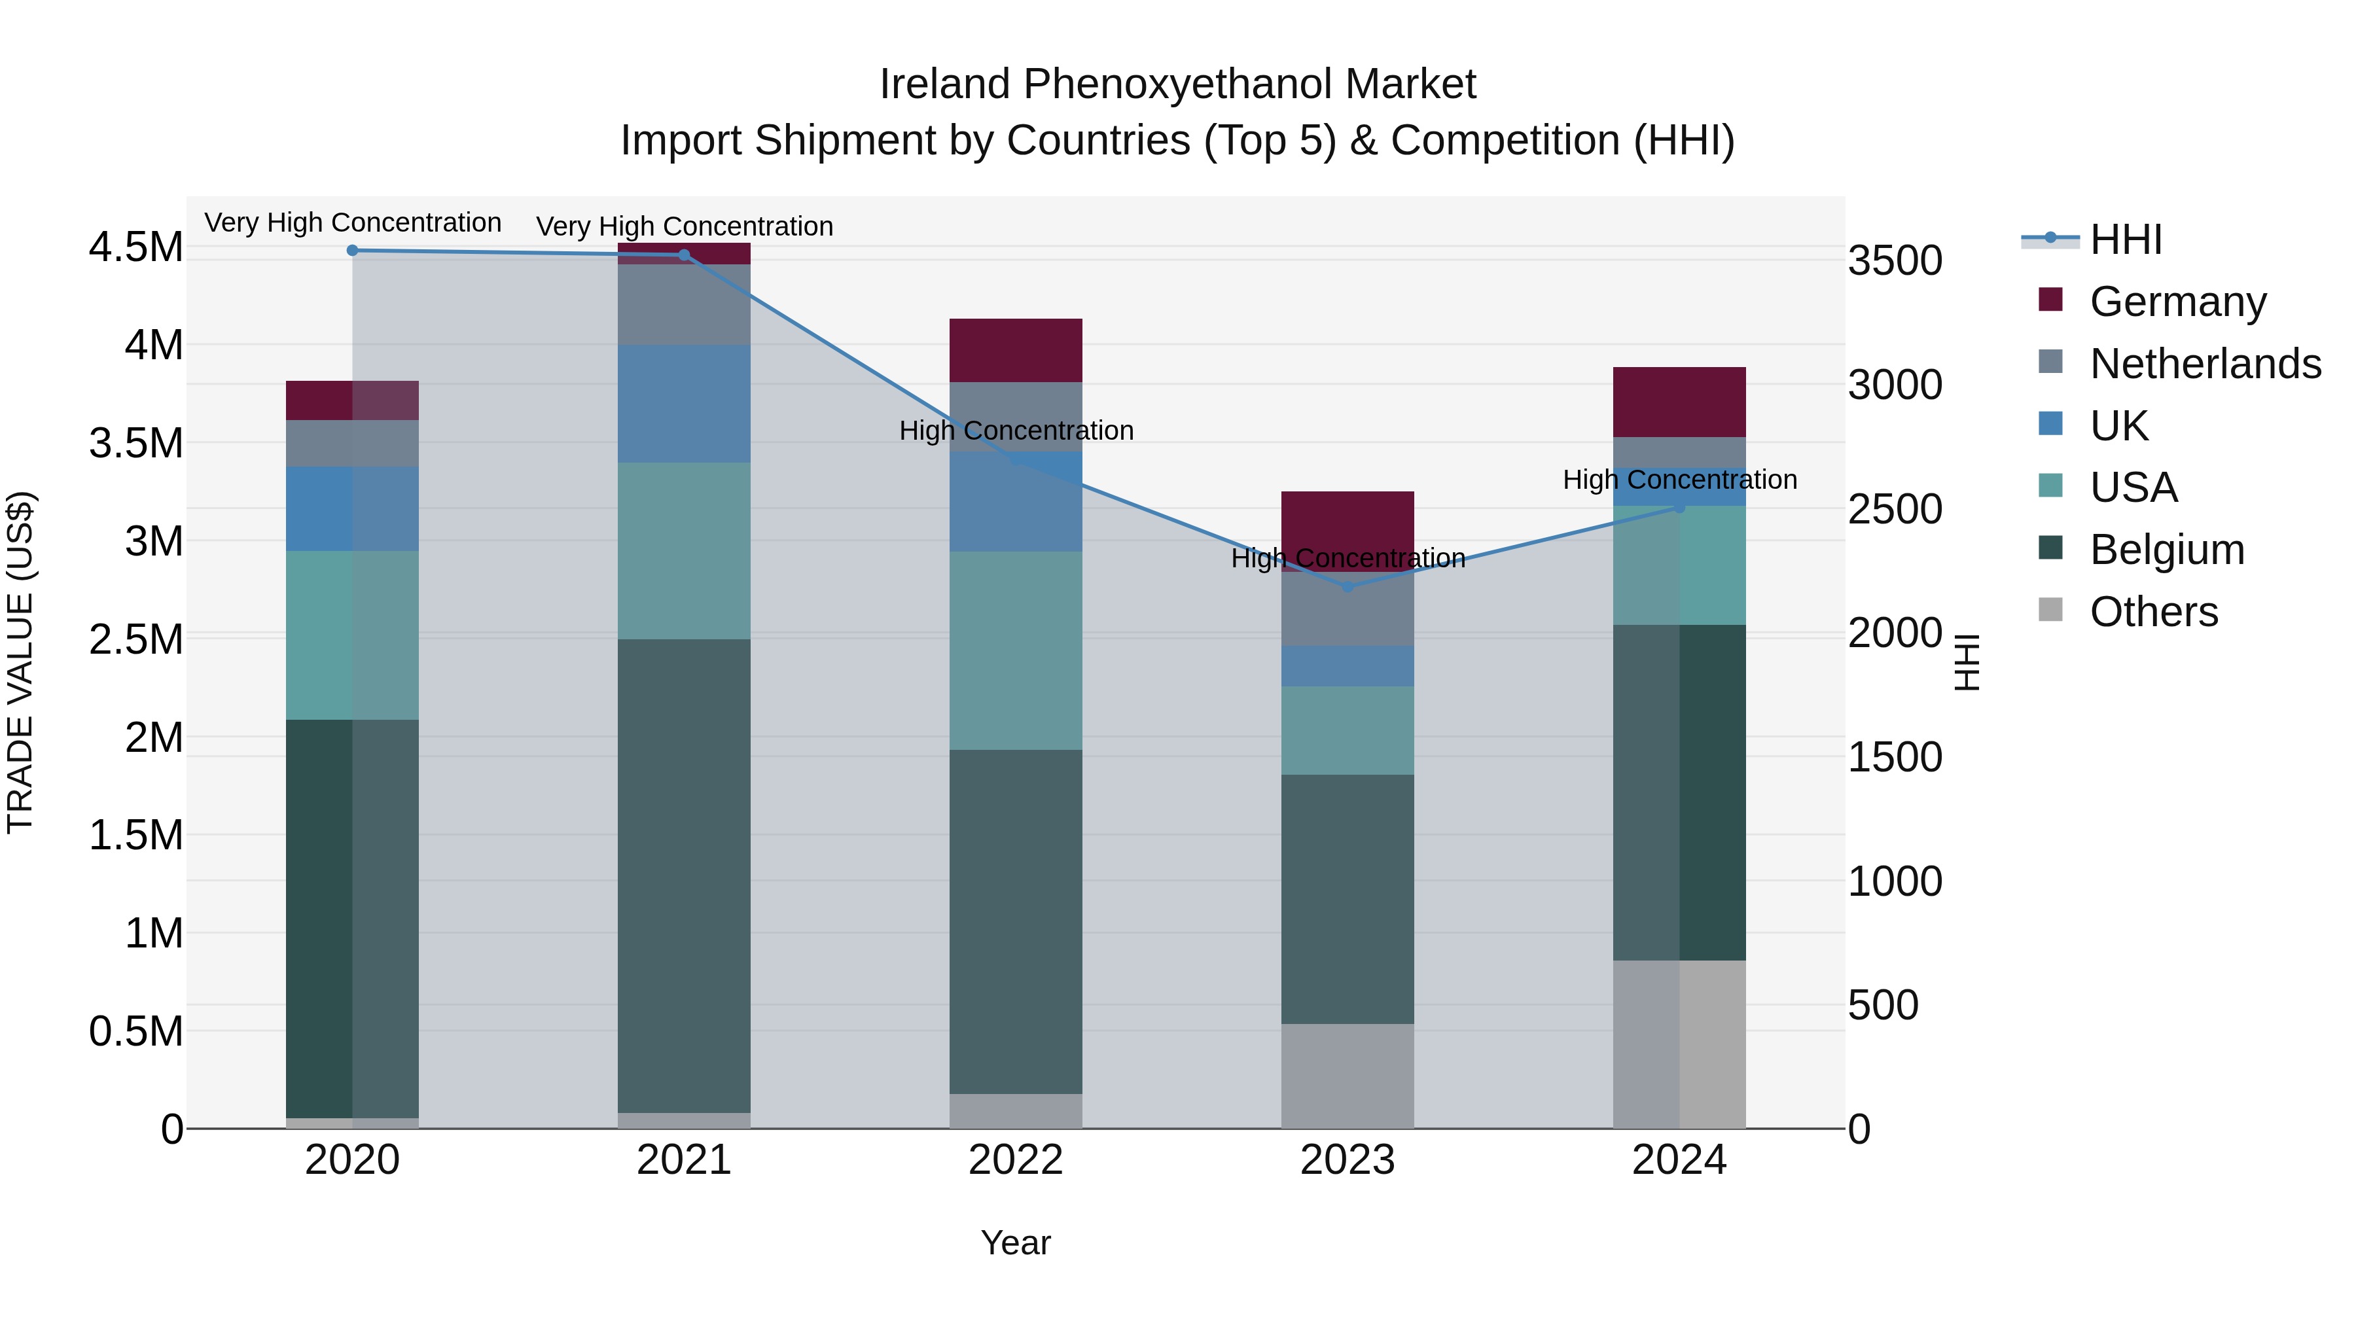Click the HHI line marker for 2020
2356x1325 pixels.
pyautogui.click(x=352, y=251)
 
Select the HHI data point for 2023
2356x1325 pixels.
pyautogui.click(x=1348, y=587)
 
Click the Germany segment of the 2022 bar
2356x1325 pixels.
pyautogui.click(x=1015, y=350)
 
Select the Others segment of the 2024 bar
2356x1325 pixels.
pyautogui.click(x=1679, y=1044)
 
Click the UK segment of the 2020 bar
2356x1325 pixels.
pyautogui.click(x=352, y=508)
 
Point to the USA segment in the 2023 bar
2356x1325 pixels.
pyautogui.click(x=1348, y=731)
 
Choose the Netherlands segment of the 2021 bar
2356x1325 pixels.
pyautogui.click(x=684, y=304)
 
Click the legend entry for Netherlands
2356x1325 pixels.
pyautogui.click(x=2205, y=364)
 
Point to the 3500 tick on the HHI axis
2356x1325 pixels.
pyautogui.click(x=1895, y=260)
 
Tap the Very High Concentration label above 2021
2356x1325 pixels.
pyautogui.click(x=684, y=226)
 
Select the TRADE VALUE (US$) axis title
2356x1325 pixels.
pyautogui.click(x=20, y=662)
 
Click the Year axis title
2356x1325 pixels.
pyautogui.click(x=1015, y=1243)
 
